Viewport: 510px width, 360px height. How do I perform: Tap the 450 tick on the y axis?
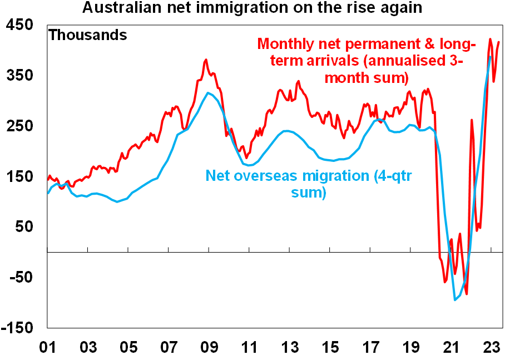point(21,26)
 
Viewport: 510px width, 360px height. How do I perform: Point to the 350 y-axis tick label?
point(21,76)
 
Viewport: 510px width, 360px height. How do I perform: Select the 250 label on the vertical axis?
point(21,126)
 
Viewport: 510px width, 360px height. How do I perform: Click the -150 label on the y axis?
point(18,327)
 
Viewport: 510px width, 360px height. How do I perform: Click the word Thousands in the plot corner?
point(88,36)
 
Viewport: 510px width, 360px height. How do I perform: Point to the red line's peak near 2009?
point(206,60)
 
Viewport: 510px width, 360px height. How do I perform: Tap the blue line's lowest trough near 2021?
point(455,300)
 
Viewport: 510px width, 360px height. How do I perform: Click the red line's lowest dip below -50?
point(467,294)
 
